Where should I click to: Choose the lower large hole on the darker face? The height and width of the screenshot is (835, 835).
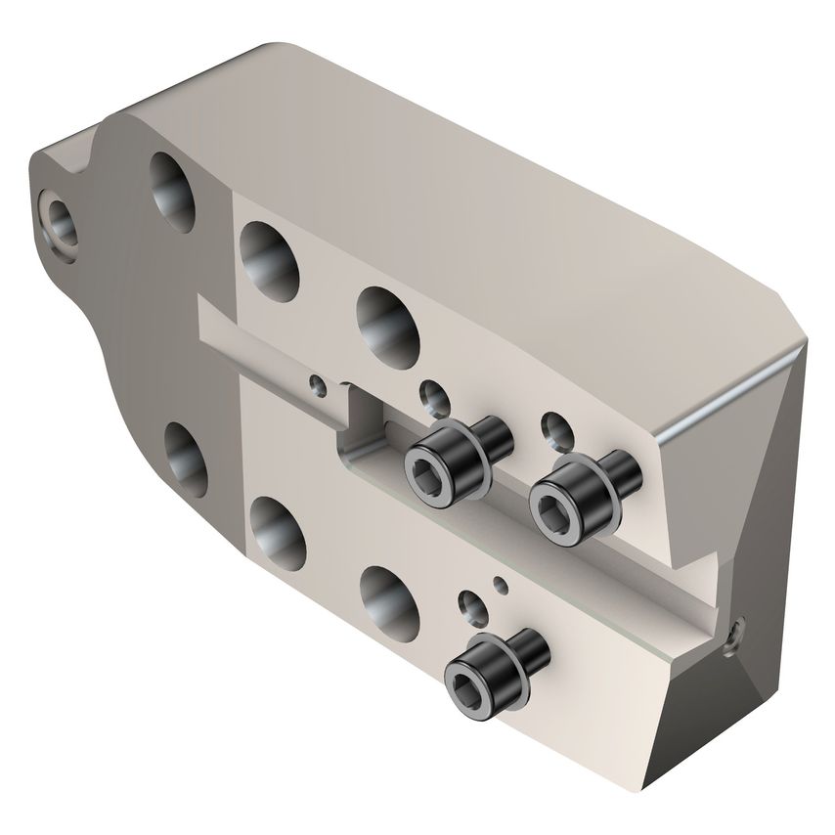[x=183, y=454]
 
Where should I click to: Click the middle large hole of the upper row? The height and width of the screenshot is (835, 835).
[x=269, y=255]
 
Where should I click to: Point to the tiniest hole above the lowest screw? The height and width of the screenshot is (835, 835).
[x=502, y=585]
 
